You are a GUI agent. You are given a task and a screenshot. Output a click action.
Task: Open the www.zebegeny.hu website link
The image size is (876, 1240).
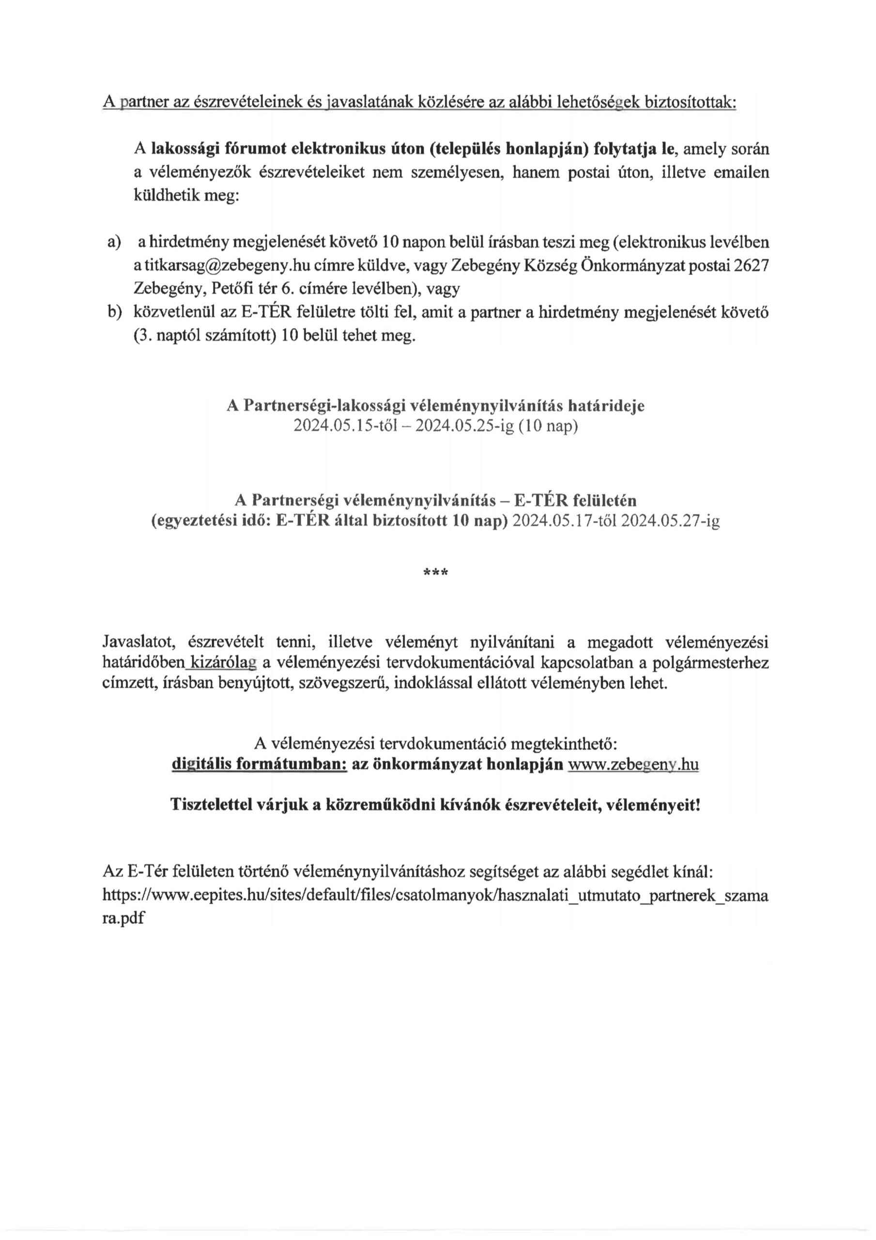point(633,765)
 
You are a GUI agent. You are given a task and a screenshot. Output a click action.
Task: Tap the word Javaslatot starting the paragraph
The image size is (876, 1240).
point(137,642)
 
